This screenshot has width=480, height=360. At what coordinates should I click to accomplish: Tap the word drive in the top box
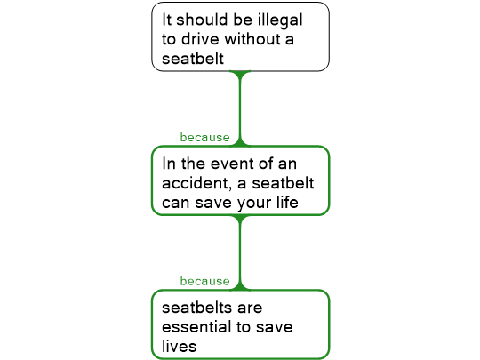point(200,39)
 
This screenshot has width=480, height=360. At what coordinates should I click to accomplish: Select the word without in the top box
point(252,39)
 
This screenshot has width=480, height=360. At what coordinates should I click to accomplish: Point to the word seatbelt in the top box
point(193,58)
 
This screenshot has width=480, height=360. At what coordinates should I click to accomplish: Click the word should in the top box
point(202,20)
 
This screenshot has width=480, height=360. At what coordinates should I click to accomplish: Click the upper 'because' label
point(204,138)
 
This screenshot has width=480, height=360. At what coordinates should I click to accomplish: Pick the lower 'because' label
point(204,281)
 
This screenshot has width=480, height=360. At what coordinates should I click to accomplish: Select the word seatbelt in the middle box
point(283,183)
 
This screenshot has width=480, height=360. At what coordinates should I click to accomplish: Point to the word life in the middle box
point(287,202)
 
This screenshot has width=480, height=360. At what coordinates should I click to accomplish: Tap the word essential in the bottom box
point(196,326)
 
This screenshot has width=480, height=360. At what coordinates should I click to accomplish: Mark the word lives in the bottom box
point(179,346)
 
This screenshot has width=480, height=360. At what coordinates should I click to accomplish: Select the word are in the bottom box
point(250,308)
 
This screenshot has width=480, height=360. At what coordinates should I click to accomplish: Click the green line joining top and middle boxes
point(240,108)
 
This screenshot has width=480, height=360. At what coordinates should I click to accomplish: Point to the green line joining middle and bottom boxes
point(240,252)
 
